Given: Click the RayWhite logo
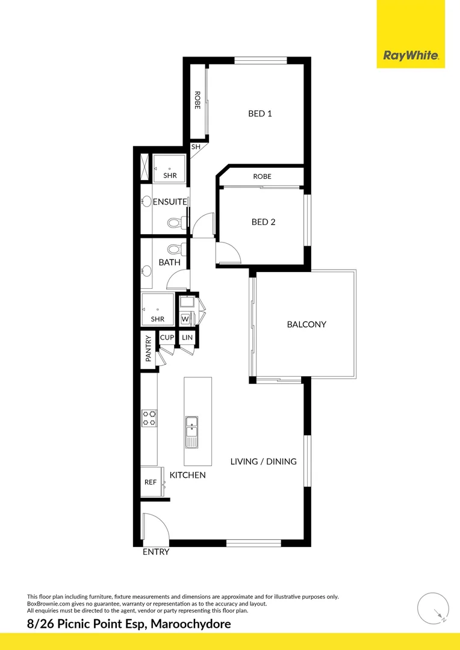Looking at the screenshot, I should [x=411, y=56].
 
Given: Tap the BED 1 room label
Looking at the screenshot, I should [x=260, y=113].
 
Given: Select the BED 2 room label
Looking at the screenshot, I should [x=263, y=222].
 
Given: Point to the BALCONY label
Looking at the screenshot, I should [x=306, y=324].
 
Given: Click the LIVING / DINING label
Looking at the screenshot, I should [x=264, y=462].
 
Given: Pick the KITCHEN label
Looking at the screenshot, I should [x=187, y=475].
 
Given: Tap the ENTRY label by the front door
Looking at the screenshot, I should [x=156, y=552].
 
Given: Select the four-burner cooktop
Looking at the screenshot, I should [x=149, y=418].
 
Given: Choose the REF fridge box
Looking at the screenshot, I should [x=151, y=482].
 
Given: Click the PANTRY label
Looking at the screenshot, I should [x=148, y=348].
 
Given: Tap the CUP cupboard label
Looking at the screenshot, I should [x=167, y=338].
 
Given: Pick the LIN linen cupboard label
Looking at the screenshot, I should [x=187, y=338].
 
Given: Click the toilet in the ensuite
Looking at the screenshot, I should [x=175, y=223].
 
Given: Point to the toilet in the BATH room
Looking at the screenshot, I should [x=175, y=248].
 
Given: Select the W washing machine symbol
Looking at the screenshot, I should [x=185, y=318].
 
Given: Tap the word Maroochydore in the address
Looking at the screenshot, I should [x=190, y=624].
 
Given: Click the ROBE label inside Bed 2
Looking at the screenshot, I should [x=262, y=176].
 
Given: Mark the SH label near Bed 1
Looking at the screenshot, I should [x=196, y=147].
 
